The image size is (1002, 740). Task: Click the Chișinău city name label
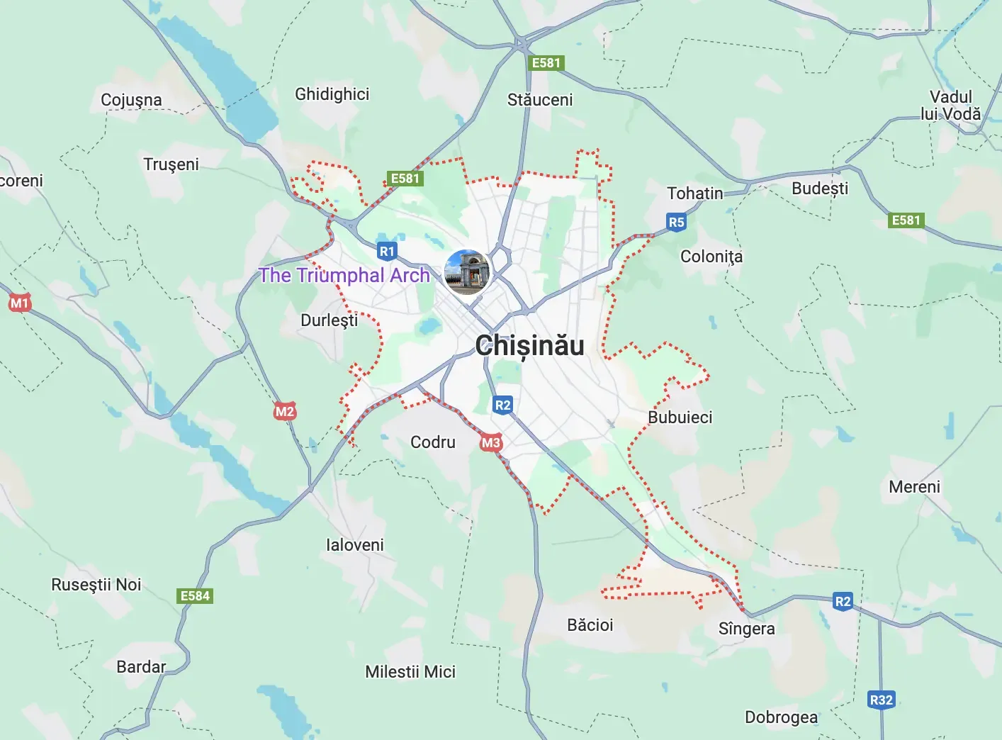click(x=530, y=346)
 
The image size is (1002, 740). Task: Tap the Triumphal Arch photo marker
click(x=467, y=271)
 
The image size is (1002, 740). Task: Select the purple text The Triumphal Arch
click(x=344, y=275)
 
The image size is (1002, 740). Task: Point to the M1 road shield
click(x=19, y=303)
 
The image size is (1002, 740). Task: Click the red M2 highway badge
click(x=284, y=411)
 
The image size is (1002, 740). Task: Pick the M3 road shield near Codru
click(x=490, y=443)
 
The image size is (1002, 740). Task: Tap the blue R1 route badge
click(x=387, y=251)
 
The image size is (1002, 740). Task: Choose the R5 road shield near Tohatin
click(x=676, y=222)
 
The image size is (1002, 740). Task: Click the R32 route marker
click(x=881, y=700)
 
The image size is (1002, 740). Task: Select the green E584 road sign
click(x=195, y=595)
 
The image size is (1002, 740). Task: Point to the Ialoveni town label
click(x=354, y=545)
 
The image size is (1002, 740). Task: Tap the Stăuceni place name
click(x=540, y=100)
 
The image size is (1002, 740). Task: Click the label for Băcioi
click(x=590, y=624)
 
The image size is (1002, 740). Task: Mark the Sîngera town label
click(x=746, y=629)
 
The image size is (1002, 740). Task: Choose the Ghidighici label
click(x=332, y=94)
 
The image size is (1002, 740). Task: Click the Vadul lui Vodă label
click(x=950, y=106)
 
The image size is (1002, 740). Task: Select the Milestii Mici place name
click(x=410, y=671)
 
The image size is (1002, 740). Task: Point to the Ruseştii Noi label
click(x=96, y=585)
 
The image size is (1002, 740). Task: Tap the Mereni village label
click(x=914, y=487)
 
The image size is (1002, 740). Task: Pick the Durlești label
click(x=329, y=320)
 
